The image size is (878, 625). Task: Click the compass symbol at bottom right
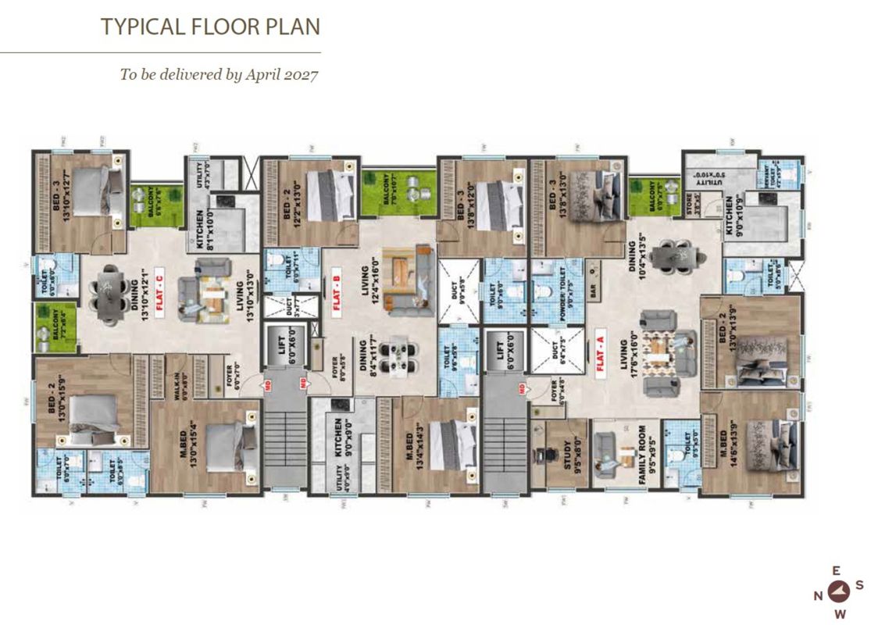click(x=839, y=591)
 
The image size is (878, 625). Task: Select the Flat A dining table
click(x=671, y=255)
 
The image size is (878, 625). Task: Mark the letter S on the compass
click(x=858, y=584)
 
